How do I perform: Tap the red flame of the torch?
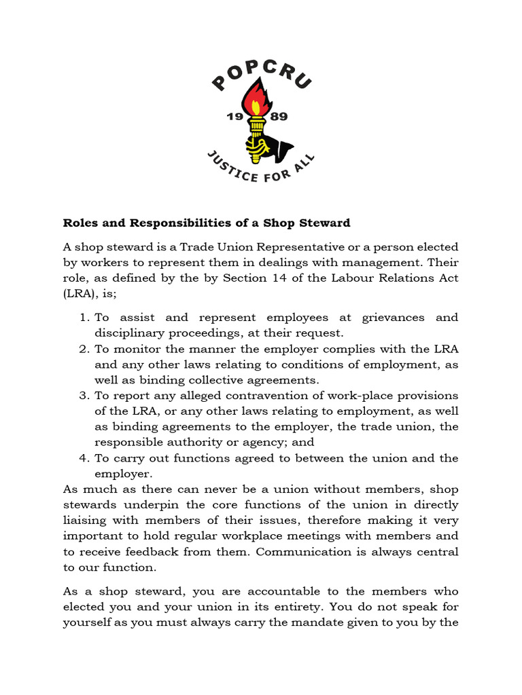click(x=258, y=100)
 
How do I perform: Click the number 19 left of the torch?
click(x=234, y=117)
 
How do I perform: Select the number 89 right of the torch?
click(x=279, y=117)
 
